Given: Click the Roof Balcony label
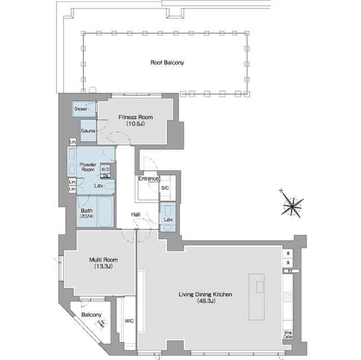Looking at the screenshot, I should click(166, 63).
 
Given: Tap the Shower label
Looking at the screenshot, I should click(81, 109).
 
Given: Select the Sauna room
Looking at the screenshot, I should click(87, 131).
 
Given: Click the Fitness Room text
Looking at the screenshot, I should click(135, 117).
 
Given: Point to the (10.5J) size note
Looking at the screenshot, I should click(135, 124).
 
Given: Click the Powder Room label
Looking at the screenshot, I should click(87, 166).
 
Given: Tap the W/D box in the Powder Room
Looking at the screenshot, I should click(105, 168).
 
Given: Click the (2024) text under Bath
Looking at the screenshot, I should click(86, 216).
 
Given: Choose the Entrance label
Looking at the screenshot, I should click(148, 179).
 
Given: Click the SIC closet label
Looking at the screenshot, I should click(165, 188).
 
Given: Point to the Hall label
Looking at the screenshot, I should click(136, 215).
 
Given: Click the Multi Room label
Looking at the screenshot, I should click(99, 259).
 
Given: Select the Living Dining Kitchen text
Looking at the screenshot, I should click(205, 294).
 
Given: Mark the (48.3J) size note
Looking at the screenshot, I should click(205, 301).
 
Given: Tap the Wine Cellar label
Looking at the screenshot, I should click(288, 334).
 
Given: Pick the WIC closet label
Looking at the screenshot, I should click(129, 322).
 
